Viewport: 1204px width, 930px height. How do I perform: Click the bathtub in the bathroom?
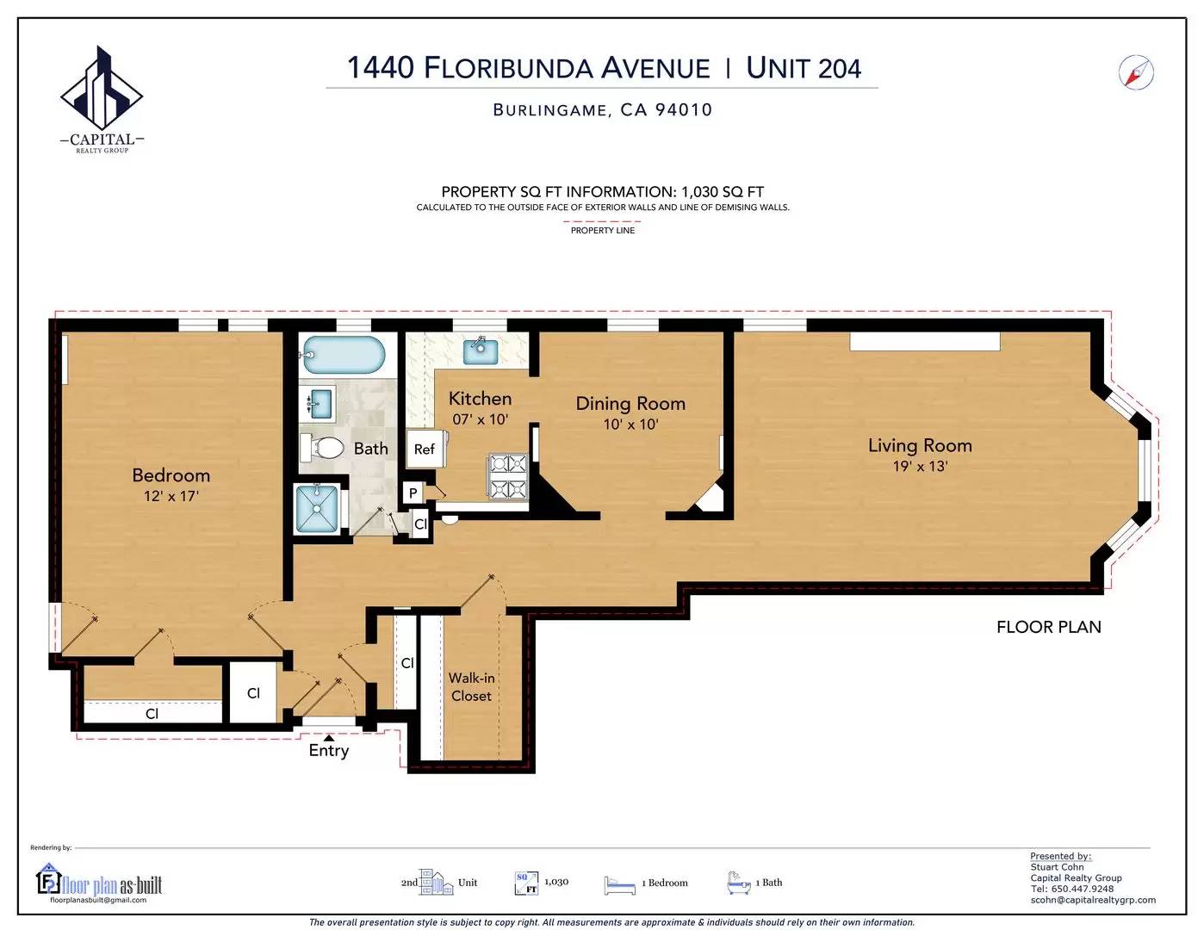343,355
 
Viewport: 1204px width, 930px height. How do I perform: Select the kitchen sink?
481,351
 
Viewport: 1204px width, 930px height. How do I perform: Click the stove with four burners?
507,476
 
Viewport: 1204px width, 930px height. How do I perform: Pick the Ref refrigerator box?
425,449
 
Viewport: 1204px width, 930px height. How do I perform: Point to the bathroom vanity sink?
320,403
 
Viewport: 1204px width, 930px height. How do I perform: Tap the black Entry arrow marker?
329,737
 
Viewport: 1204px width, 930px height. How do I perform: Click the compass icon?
1136,72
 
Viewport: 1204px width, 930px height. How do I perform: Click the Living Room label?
920,445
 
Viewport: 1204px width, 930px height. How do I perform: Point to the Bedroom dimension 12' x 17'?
171,496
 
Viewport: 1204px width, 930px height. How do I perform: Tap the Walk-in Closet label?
471,687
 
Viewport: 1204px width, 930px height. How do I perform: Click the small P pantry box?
413,493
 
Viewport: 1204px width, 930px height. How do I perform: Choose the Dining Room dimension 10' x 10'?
630,425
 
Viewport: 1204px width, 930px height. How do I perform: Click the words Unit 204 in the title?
804,68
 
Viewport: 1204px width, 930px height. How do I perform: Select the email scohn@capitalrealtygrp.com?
1093,900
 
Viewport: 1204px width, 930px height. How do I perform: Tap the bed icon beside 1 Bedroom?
619,884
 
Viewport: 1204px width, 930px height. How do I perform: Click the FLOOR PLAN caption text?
1049,627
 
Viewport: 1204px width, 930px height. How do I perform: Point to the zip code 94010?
684,109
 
